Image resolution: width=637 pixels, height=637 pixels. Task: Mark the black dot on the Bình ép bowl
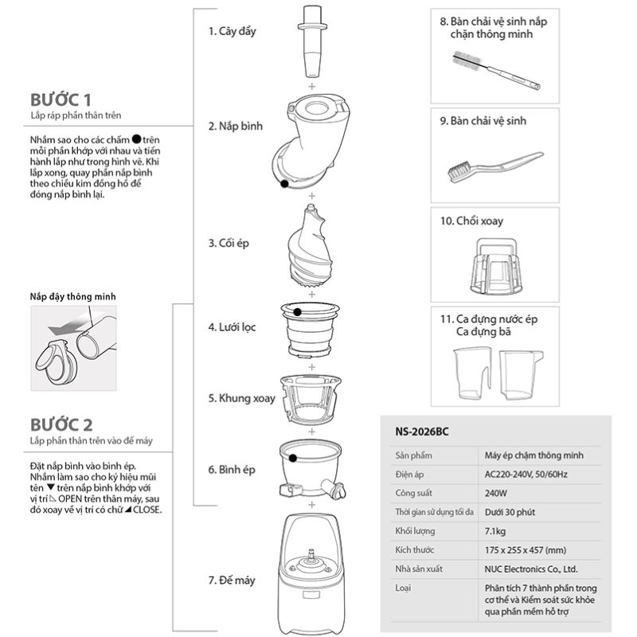coord(294,457)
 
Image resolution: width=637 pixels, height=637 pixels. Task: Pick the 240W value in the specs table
coord(497,493)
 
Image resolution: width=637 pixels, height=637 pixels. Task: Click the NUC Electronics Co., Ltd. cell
coord(531,569)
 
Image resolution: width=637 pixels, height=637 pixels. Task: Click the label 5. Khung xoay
coord(241,397)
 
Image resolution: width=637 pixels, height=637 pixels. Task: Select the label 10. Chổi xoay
coord(471,221)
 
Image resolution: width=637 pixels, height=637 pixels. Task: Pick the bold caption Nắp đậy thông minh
coord(73,296)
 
